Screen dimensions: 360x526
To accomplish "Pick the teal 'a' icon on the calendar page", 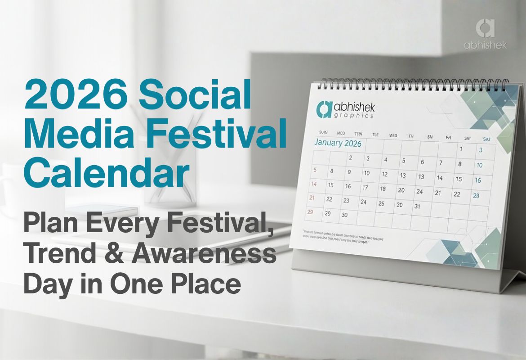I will point(324,108).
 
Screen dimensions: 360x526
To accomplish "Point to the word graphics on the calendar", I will point(354,116).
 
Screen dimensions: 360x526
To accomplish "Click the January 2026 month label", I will point(338,144).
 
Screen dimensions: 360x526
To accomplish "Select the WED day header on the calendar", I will point(393,135).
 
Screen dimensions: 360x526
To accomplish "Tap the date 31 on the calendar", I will point(417,207).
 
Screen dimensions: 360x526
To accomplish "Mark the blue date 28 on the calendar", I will point(476,196).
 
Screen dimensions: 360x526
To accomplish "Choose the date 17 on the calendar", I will point(365,188).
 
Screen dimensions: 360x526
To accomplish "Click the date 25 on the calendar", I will point(381,203).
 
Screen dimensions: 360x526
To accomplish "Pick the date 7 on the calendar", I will point(441,163).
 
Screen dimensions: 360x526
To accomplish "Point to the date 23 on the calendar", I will point(346,201).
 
